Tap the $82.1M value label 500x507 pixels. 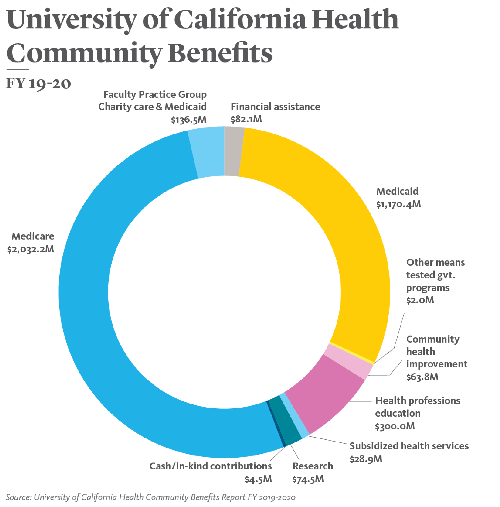point(246,119)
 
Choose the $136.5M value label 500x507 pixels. point(188,120)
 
